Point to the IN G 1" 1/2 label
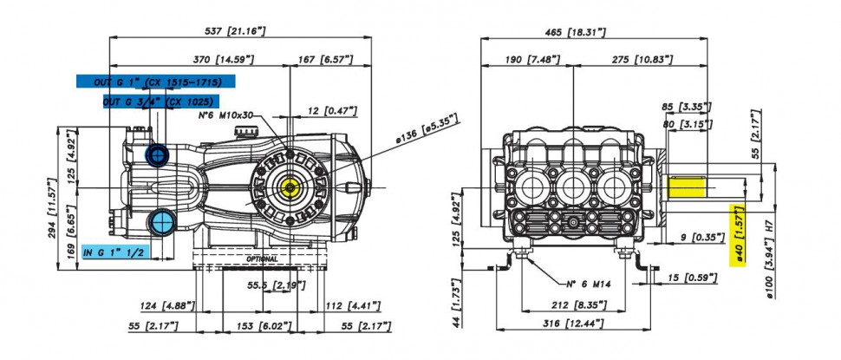115,252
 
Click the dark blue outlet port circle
159,154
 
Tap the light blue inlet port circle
162,221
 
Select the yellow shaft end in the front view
687,187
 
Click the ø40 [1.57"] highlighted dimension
739,237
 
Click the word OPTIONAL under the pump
261,259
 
